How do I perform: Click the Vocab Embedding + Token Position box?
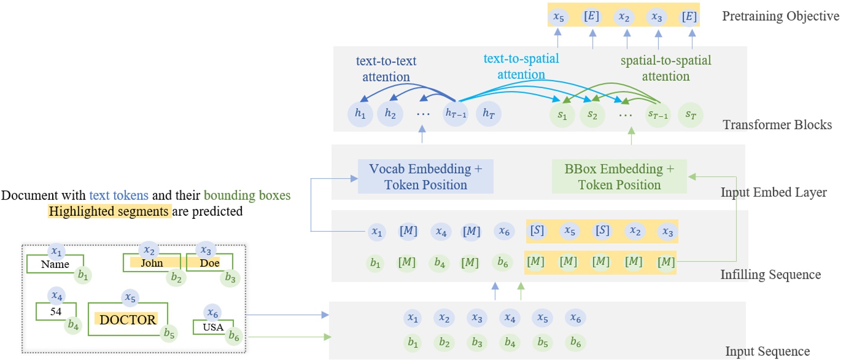pyautogui.click(x=425, y=176)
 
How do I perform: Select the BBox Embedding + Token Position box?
pyautogui.click(x=619, y=176)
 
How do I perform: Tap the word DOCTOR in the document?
pyautogui.click(x=128, y=320)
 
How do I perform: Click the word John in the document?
pyautogui.click(x=152, y=263)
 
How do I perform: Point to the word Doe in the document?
pyautogui.click(x=209, y=263)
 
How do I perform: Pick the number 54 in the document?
pyautogui.click(x=56, y=311)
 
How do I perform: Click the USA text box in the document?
pyautogui.click(x=213, y=327)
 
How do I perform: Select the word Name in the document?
pyautogui.click(x=55, y=264)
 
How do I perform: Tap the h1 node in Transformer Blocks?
pyautogui.click(x=360, y=113)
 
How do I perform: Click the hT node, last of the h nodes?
pyautogui.click(x=488, y=113)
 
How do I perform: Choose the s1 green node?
pyautogui.click(x=562, y=115)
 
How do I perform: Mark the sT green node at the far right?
pyautogui.click(x=690, y=115)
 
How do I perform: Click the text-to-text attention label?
pyautogui.click(x=386, y=69)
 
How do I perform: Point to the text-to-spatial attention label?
pyautogui.click(x=521, y=67)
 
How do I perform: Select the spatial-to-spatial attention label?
pyautogui.click(x=666, y=68)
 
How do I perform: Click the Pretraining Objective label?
pyautogui.click(x=780, y=16)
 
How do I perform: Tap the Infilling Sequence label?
pyautogui.click(x=771, y=275)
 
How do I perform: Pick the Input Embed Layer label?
pyautogui.click(x=774, y=192)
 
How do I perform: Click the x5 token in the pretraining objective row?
pyautogui.click(x=559, y=17)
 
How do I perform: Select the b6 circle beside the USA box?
pyautogui.click(x=234, y=336)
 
